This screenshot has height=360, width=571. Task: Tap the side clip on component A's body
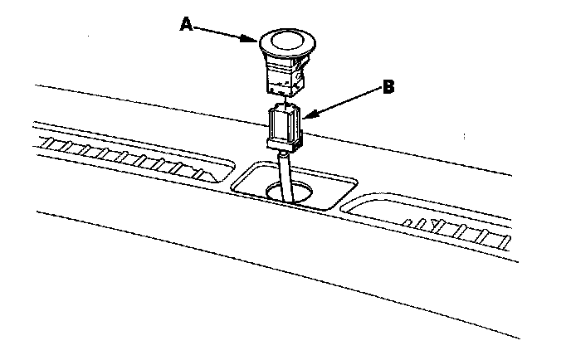[x=303, y=77]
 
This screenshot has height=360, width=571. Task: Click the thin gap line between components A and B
[x=282, y=100]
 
